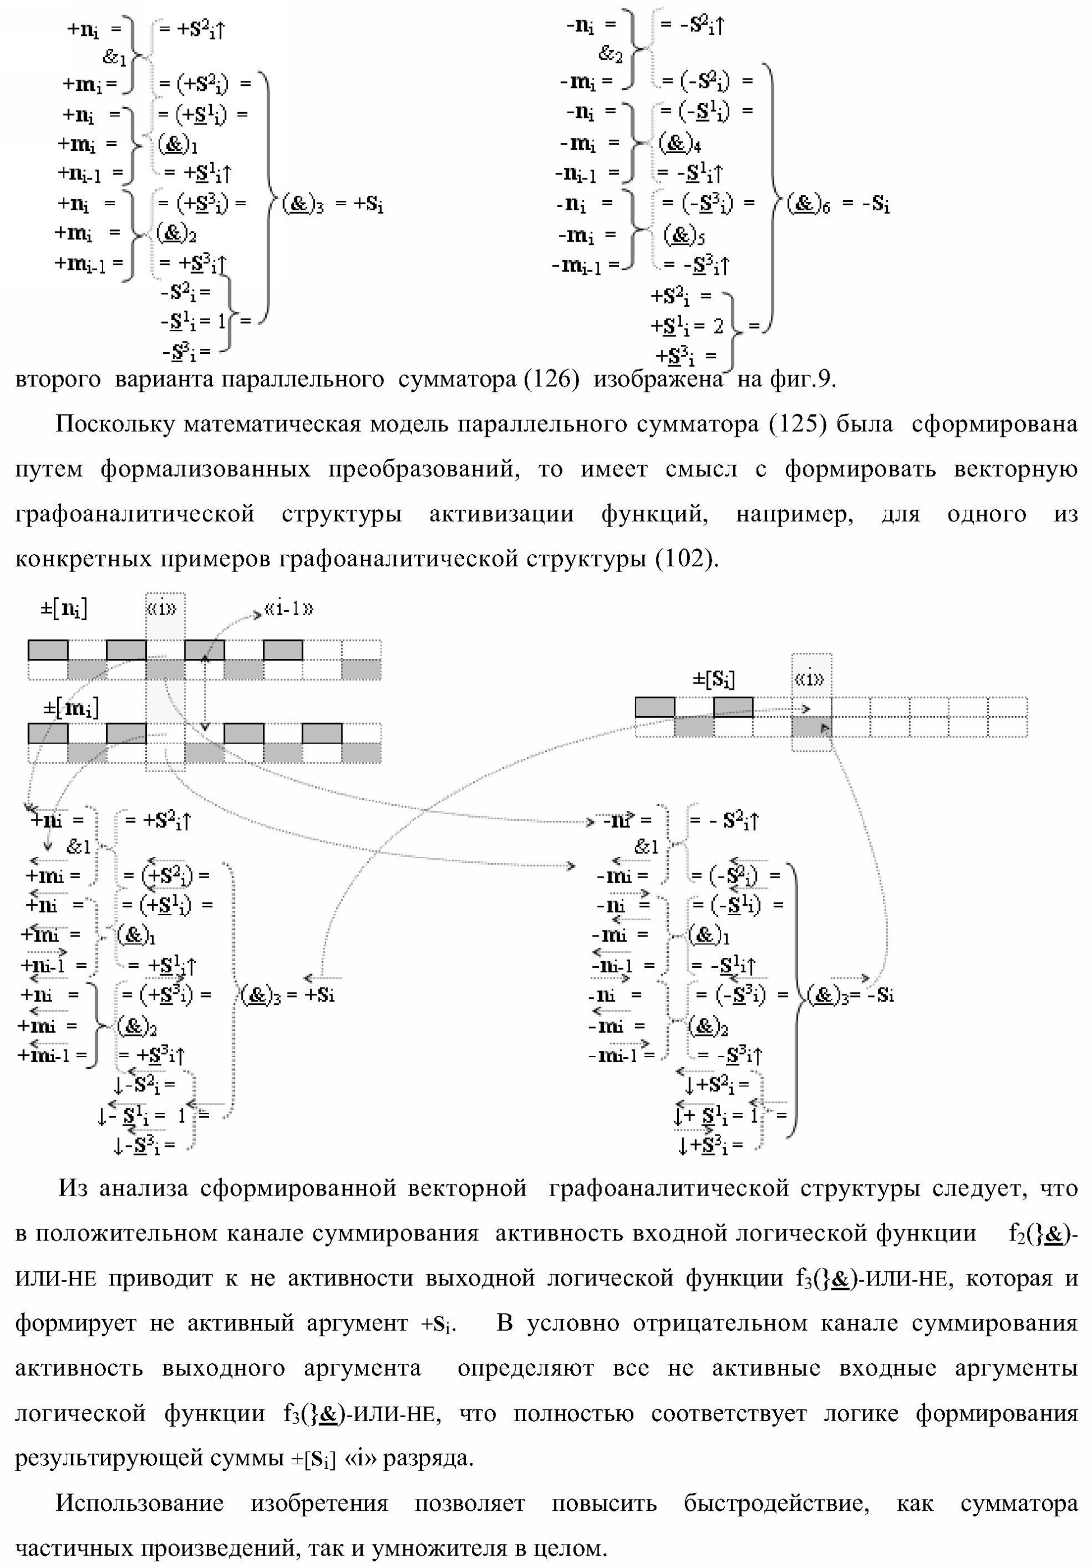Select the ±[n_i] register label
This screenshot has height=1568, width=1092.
(64, 608)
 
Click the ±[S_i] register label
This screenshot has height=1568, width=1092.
(714, 680)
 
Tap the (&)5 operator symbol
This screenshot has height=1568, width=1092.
(684, 235)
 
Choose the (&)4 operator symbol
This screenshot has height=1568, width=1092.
(680, 144)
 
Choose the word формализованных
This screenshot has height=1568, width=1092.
(205, 469)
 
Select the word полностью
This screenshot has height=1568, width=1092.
(573, 1413)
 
